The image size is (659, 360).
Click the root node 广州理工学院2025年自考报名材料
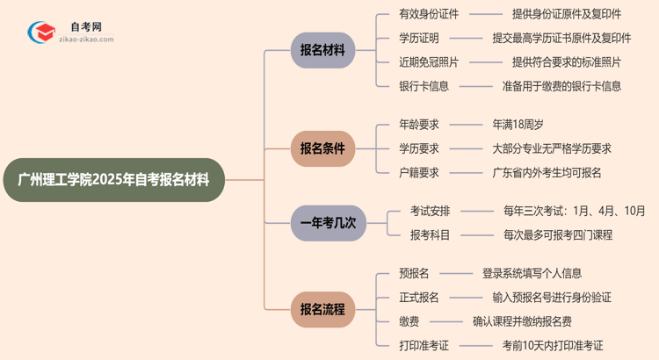tap(114, 180)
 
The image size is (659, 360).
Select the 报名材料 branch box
tap(322, 50)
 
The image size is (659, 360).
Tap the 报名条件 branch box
tap(322, 148)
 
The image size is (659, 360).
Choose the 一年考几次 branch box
tap(328, 223)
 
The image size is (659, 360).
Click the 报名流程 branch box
tap(322, 309)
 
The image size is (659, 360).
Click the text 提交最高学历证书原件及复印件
tap(561, 38)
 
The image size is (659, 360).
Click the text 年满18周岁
tap(518, 125)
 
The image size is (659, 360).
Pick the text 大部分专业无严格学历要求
tap(552, 148)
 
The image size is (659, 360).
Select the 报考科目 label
tap(430, 234)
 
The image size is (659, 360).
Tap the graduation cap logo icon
tap(41, 32)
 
